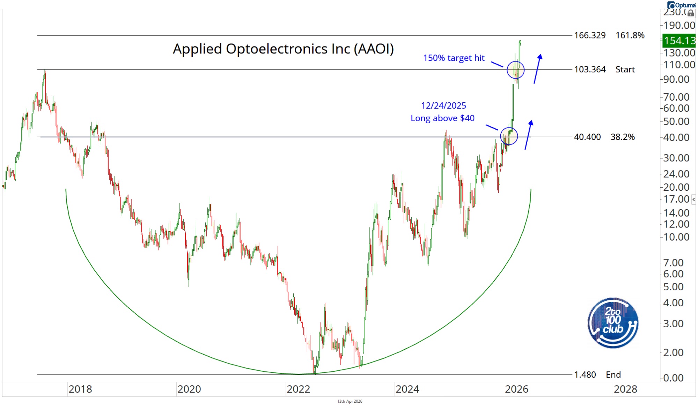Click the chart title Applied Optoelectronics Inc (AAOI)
[283, 49]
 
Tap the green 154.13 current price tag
[679, 41]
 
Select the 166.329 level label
[590, 35]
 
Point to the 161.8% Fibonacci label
[630, 35]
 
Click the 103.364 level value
[590, 70]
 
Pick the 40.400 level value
[587, 137]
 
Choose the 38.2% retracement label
[623, 137]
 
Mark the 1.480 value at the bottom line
[585, 375]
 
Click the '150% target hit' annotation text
[454, 58]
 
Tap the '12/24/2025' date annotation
[443, 105]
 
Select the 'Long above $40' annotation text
[442, 118]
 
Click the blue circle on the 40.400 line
[509, 136]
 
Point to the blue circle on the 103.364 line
[515, 70]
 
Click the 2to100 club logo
[613, 323]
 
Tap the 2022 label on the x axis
[298, 389]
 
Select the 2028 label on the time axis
[625, 389]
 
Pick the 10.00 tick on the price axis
[676, 237]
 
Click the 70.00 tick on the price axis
[676, 97]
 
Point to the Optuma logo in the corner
[682, 5]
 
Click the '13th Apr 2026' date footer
[350, 401]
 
